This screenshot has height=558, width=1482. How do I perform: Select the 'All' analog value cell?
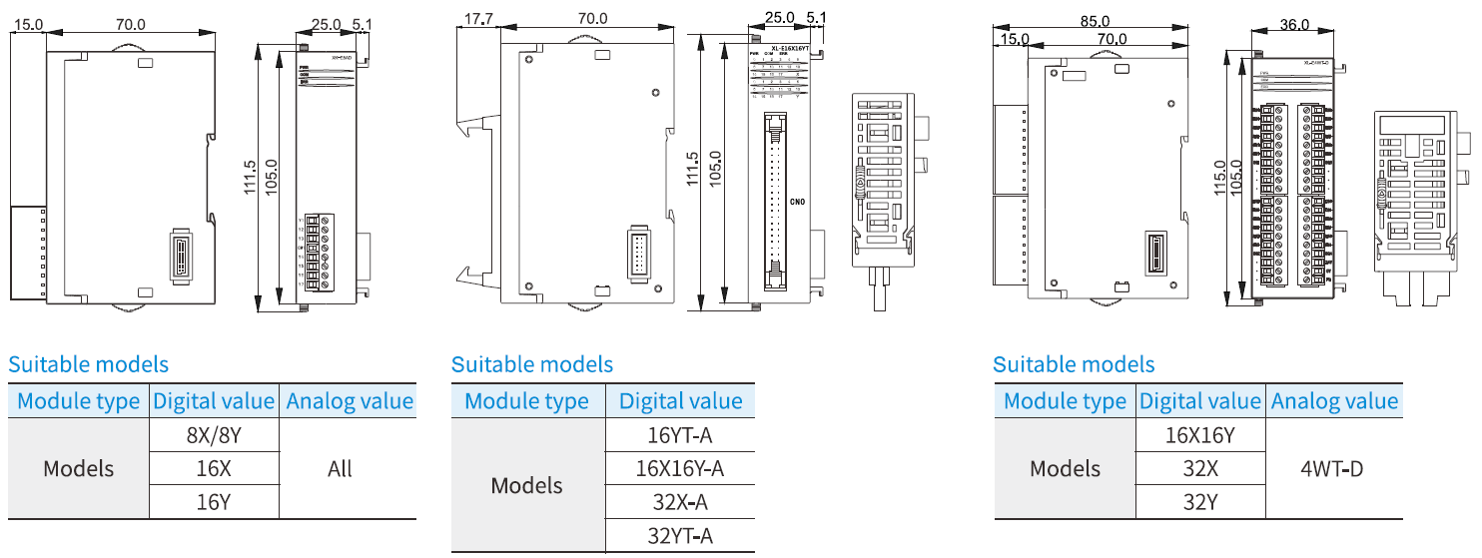pos(340,468)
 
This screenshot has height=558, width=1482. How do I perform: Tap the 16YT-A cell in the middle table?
pos(680,435)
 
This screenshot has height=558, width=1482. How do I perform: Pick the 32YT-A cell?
pos(680,536)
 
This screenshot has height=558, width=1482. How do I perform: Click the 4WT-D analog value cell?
pos(1333,468)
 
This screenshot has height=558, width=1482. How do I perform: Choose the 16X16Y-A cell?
pos(680,468)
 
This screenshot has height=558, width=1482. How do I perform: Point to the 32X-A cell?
pos(680,502)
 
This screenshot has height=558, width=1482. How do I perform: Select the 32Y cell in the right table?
pos(1200,502)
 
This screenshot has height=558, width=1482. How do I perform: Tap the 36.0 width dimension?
pos(1292,25)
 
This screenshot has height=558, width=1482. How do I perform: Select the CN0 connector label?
pos(797,202)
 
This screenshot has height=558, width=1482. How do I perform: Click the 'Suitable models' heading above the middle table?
pos(532,365)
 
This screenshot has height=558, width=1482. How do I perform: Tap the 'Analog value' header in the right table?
pos(1334,401)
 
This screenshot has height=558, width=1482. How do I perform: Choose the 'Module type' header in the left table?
pos(79,401)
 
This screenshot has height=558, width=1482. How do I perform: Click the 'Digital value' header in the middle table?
pos(680,401)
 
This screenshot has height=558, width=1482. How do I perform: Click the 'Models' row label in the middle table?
pos(527,486)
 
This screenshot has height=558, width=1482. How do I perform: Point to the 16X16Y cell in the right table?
pos(1200,435)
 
